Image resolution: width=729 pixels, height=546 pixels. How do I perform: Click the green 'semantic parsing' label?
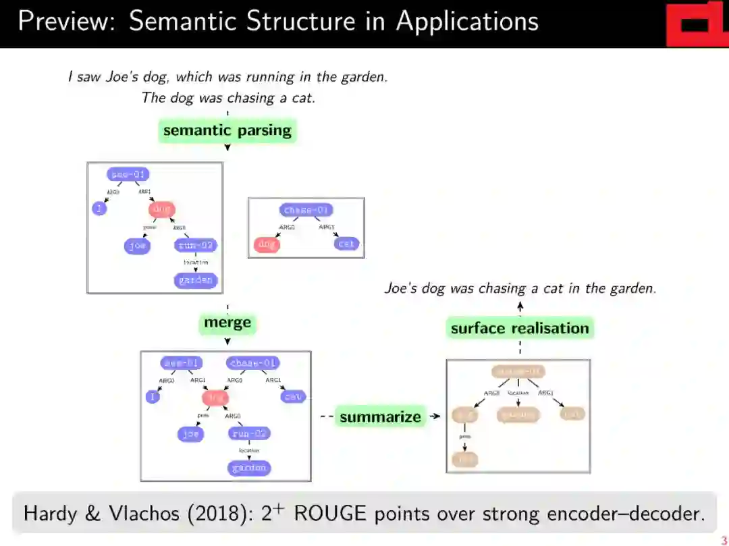click(227, 130)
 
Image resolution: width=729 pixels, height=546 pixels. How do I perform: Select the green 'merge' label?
click(227, 323)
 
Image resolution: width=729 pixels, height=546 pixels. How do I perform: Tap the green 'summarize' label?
click(380, 417)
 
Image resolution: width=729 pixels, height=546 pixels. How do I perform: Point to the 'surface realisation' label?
click(520, 329)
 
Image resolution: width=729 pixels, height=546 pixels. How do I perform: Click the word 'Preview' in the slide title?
click(65, 22)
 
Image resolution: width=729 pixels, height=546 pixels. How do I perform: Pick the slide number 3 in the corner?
click(724, 540)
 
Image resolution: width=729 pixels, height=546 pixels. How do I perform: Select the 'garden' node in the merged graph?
click(249, 468)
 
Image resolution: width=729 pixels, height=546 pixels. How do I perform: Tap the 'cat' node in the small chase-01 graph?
click(346, 244)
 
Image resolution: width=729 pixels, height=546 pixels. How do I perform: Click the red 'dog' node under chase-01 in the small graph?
click(267, 244)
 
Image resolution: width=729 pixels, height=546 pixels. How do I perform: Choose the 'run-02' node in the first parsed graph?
click(196, 246)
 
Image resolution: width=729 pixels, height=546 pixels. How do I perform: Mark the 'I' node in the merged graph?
click(153, 397)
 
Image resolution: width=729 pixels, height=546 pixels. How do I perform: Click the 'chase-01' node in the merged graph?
click(253, 363)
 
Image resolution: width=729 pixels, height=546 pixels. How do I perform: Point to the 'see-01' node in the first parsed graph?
click(128, 175)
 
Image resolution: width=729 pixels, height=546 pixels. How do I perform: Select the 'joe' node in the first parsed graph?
click(137, 246)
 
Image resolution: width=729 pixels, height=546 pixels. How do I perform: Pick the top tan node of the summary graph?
click(518, 371)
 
